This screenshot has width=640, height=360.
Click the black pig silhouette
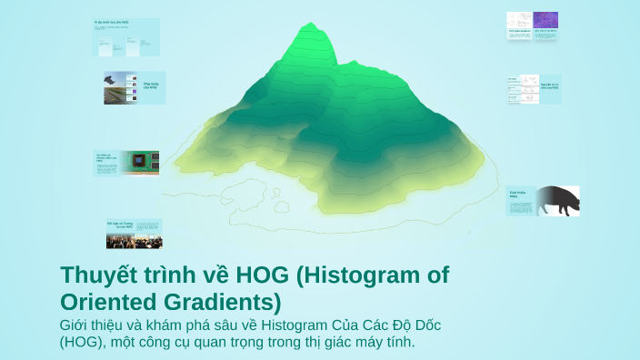(555, 200)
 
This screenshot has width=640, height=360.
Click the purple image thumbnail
(546, 21)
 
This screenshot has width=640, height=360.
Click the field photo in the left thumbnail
(121, 87)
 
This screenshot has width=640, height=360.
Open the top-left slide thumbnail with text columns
(126, 35)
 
